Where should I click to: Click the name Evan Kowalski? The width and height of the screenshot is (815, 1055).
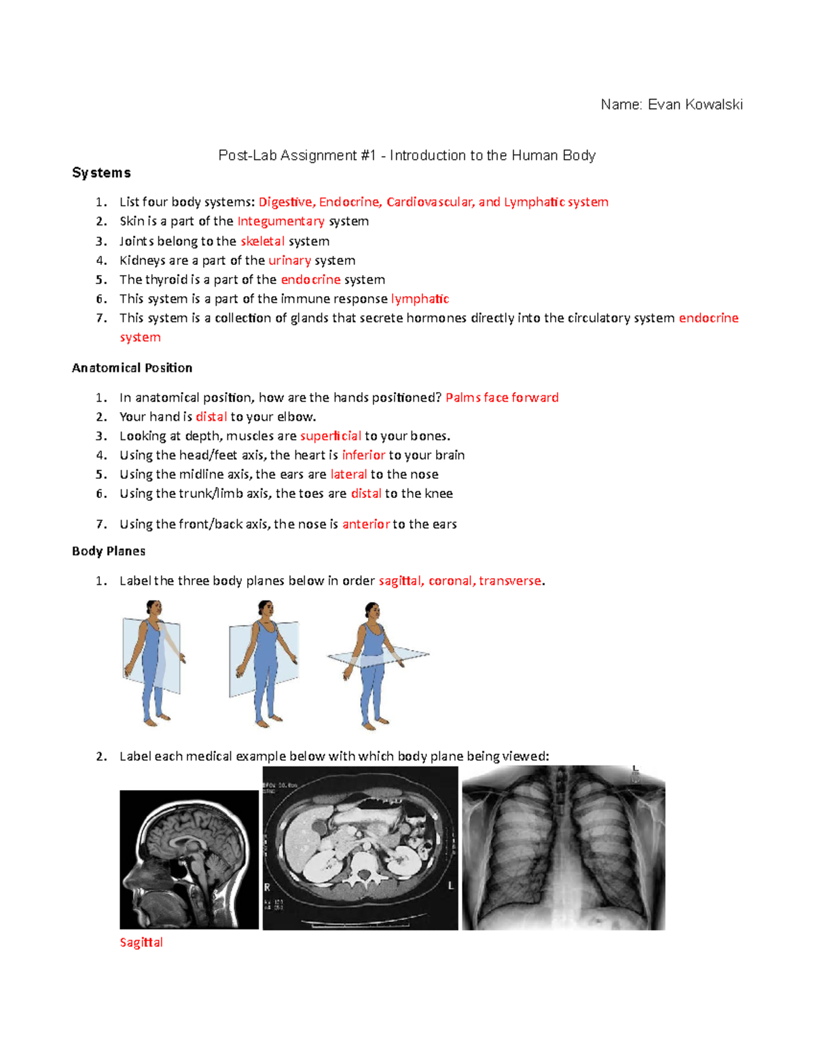[695, 105]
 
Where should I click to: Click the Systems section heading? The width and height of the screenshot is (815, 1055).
[101, 173]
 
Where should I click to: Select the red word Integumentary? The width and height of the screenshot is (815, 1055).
[280, 221]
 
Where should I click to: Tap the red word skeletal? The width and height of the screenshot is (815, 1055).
[262, 241]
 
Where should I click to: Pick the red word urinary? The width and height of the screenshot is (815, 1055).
[289, 260]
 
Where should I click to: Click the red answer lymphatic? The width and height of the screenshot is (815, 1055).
[420, 299]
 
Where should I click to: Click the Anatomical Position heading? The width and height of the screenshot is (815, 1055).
[132, 368]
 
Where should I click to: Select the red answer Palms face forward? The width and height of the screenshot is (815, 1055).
[502, 397]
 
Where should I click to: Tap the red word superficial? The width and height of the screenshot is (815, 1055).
[330, 436]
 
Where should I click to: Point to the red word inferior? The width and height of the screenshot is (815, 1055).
[363, 455]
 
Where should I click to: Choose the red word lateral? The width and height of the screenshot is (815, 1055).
[348, 474]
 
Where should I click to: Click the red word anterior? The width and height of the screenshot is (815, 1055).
[365, 524]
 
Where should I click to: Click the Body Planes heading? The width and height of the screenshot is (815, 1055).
[109, 551]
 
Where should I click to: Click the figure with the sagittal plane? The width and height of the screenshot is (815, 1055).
[153, 662]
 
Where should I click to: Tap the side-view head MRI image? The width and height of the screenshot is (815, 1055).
[189, 859]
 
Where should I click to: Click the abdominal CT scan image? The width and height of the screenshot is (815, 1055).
[360, 848]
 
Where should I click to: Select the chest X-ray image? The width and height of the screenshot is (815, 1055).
[563, 848]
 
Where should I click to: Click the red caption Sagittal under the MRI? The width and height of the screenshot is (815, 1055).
[141, 942]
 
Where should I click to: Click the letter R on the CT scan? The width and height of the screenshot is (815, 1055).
[268, 887]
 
